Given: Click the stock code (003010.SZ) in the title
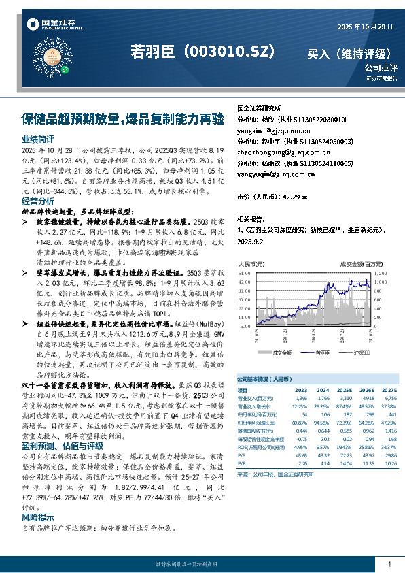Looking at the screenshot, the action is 230,52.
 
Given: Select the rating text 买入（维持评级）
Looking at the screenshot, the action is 347,52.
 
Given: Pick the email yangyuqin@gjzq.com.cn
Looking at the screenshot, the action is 276,174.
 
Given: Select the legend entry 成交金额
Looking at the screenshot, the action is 282,353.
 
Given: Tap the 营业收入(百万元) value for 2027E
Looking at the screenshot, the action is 389,397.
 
